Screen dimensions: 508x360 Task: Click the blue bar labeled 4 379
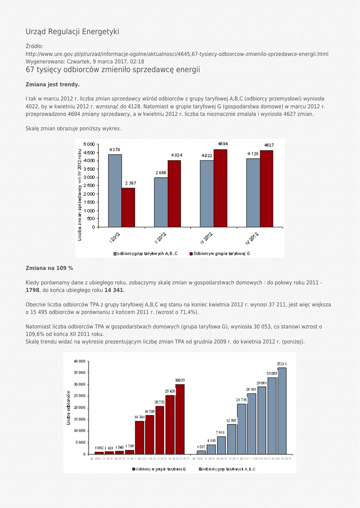(x=115, y=190)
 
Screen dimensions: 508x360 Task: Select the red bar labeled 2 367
(x=128, y=207)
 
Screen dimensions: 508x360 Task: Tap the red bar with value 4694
(x=220, y=188)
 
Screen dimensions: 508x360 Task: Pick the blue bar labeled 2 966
(x=161, y=202)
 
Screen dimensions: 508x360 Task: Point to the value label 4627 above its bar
(x=269, y=145)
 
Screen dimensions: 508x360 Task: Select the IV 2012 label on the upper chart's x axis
(x=252, y=239)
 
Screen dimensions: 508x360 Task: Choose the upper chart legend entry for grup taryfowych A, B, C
(x=145, y=254)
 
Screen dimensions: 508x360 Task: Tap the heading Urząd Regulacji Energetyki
(x=72, y=32)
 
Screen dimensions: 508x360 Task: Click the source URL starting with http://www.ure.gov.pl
(x=177, y=54)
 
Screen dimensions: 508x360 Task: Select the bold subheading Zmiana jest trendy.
(x=53, y=84)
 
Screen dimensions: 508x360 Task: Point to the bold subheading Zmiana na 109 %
(x=49, y=268)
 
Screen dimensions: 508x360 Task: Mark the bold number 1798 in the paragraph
(x=32, y=290)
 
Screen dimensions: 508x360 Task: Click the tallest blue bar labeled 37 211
(x=282, y=411)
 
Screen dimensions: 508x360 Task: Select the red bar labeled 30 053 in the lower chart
(x=180, y=419)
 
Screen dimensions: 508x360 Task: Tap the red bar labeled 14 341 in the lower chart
(x=140, y=437)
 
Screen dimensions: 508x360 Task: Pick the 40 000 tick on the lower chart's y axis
(x=78, y=361)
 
